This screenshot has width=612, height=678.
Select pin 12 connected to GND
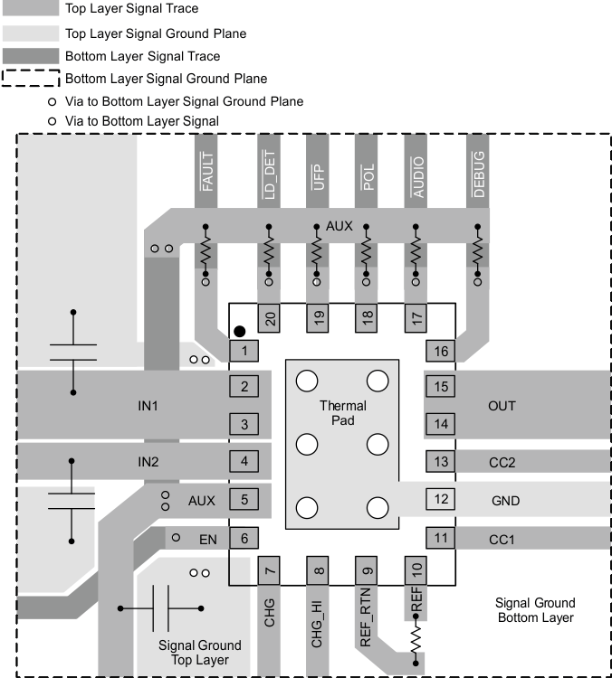coord(441,499)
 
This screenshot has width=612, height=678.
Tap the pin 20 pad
coord(269,317)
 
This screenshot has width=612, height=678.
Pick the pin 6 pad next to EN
coord(244,539)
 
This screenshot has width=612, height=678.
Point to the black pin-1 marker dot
coord(240,332)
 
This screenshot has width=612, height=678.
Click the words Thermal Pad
coord(342,413)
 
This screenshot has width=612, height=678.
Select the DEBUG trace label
coord(479,170)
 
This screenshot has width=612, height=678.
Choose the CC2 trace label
coord(502,463)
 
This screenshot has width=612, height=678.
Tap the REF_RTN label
coord(367,617)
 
